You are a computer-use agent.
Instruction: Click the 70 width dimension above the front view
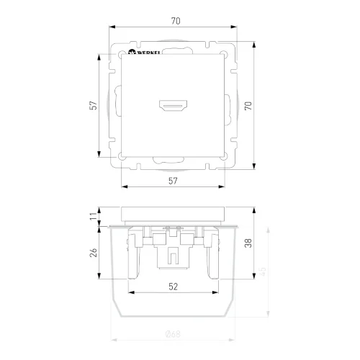pyautogui.click(x=175, y=21)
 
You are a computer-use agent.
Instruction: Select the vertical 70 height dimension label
pyautogui.click(x=248, y=106)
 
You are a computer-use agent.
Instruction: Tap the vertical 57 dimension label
pyautogui.click(x=92, y=106)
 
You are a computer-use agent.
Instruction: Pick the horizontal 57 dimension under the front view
pyautogui.click(x=173, y=181)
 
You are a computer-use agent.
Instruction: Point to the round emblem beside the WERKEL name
pyautogui.click(x=132, y=53)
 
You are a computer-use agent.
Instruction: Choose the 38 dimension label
pyautogui.click(x=248, y=243)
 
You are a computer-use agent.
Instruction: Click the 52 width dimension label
pyautogui.click(x=173, y=286)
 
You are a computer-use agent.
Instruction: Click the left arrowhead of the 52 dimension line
pyautogui.click(x=130, y=293)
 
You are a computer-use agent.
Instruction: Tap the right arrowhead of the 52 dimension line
pyautogui.click(x=216, y=293)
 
